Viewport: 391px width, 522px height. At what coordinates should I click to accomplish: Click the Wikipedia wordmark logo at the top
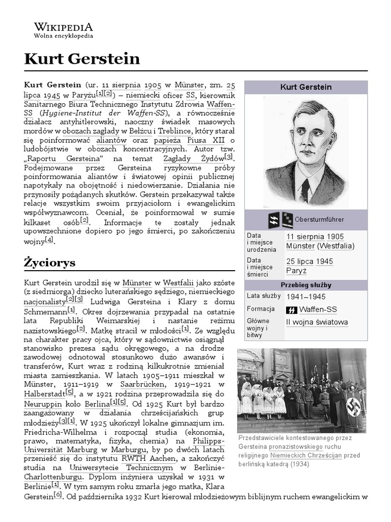pyautogui.click(x=63, y=27)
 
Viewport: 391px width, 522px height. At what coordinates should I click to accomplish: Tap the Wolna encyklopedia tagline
pyautogui.click(x=63, y=37)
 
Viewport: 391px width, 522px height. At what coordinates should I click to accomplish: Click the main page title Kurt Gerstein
pyautogui.click(x=82, y=59)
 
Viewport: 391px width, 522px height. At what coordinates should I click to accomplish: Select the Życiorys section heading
pyautogui.click(x=49, y=263)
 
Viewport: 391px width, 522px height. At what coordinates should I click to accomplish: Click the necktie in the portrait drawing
pyautogui.click(x=304, y=189)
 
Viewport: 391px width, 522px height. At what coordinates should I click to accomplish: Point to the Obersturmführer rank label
pyautogui.click(x=322, y=220)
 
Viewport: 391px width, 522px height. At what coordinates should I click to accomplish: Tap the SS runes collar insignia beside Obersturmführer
pyautogui.click(x=274, y=220)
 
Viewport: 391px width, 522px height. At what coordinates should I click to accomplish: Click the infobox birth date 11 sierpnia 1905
pyautogui.click(x=315, y=237)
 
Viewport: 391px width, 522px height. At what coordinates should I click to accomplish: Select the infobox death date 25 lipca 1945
pyautogui.click(x=310, y=262)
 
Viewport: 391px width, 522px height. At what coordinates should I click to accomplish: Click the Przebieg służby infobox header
pyautogui.click(x=305, y=284)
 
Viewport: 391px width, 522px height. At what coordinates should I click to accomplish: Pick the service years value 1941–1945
pyautogui.click(x=305, y=297)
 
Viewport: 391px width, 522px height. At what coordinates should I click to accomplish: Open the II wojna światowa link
pyautogui.click(x=317, y=322)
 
